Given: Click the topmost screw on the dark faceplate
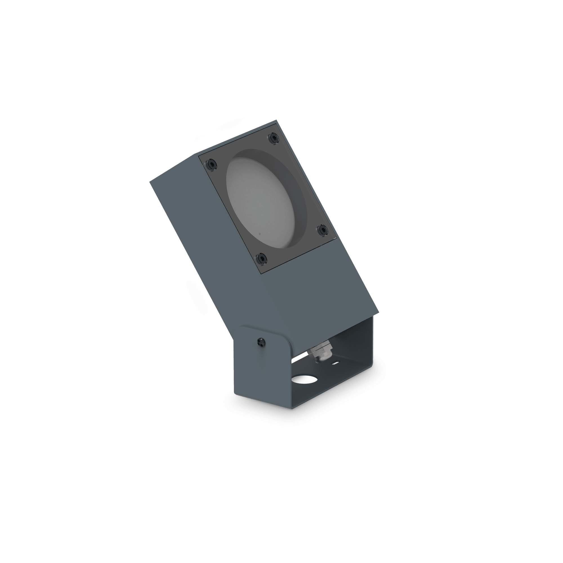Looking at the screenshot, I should [274, 138].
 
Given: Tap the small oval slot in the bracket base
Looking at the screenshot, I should [337, 363].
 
